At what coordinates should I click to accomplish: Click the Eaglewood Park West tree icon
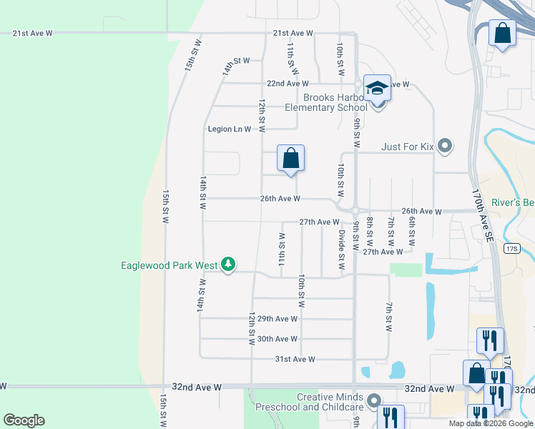[228, 265]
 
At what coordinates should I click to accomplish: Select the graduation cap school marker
[377, 89]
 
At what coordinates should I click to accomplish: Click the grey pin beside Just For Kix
[446, 147]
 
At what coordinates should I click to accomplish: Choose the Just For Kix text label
[408, 147]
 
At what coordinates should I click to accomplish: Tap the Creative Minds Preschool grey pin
[373, 402]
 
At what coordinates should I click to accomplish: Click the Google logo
[24, 420]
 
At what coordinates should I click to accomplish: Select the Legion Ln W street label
[229, 129]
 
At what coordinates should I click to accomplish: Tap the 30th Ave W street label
[277, 339]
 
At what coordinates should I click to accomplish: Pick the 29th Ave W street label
[277, 319]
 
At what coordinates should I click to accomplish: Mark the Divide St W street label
[341, 247]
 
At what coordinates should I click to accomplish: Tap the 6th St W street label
[413, 227]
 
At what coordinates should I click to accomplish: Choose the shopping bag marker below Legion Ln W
[290, 159]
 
